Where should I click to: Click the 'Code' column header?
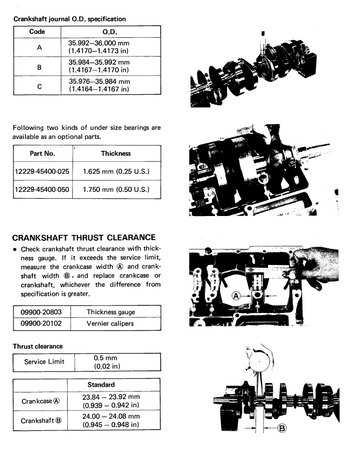click(37, 32)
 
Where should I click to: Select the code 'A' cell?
click(39, 47)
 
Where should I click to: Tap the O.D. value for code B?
click(99, 66)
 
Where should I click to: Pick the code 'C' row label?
click(39, 86)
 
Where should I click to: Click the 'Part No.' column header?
click(42, 154)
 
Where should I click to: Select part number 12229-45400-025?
click(42, 172)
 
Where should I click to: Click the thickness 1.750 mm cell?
click(116, 190)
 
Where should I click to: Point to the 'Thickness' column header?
click(116, 154)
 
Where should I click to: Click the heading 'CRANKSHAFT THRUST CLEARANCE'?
click(84, 238)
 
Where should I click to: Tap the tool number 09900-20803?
click(41, 312)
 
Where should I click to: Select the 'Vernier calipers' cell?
click(110, 324)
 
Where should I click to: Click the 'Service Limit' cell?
click(44, 362)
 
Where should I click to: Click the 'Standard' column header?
click(101, 385)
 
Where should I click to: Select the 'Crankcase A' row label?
click(41, 401)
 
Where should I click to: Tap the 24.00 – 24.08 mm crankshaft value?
click(111, 420)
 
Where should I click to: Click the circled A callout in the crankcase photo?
click(236, 296)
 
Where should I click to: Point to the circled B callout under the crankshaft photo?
click(282, 428)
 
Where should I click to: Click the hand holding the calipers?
click(314, 267)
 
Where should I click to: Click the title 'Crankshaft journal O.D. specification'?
click(70, 19)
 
